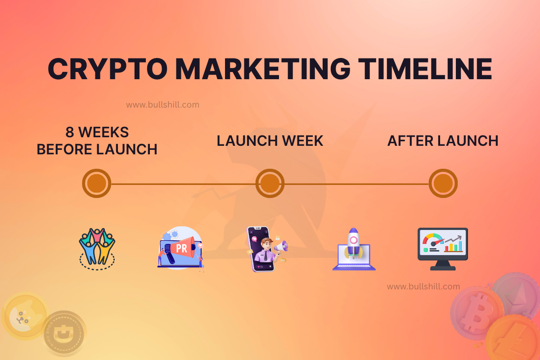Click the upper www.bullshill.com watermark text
[x=162, y=105]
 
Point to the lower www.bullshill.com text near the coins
[x=423, y=287]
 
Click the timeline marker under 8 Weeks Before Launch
[x=97, y=184]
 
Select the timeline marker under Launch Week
[x=270, y=184]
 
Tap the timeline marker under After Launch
[x=443, y=184]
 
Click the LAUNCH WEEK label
[x=270, y=141]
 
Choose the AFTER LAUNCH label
[x=443, y=141]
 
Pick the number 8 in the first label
[x=70, y=132]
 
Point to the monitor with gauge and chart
[x=443, y=248]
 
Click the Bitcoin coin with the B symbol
[x=476, y=313]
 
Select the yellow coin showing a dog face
[x=25, y=314]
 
